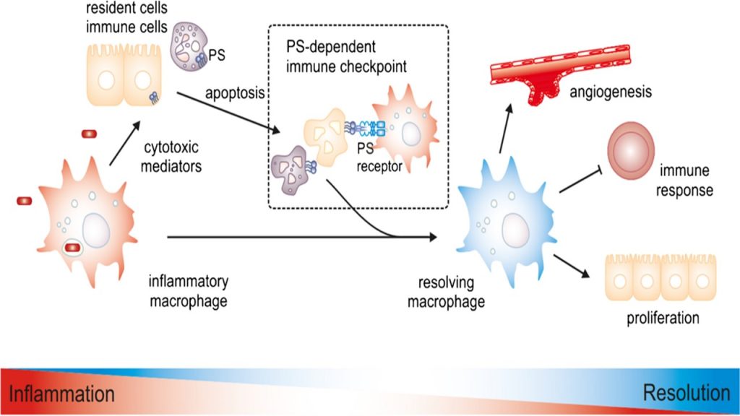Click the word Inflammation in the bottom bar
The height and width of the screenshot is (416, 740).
point(62,394)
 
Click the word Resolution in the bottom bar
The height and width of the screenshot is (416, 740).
point(686,393)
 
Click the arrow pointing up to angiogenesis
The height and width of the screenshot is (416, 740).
point(505,127)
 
